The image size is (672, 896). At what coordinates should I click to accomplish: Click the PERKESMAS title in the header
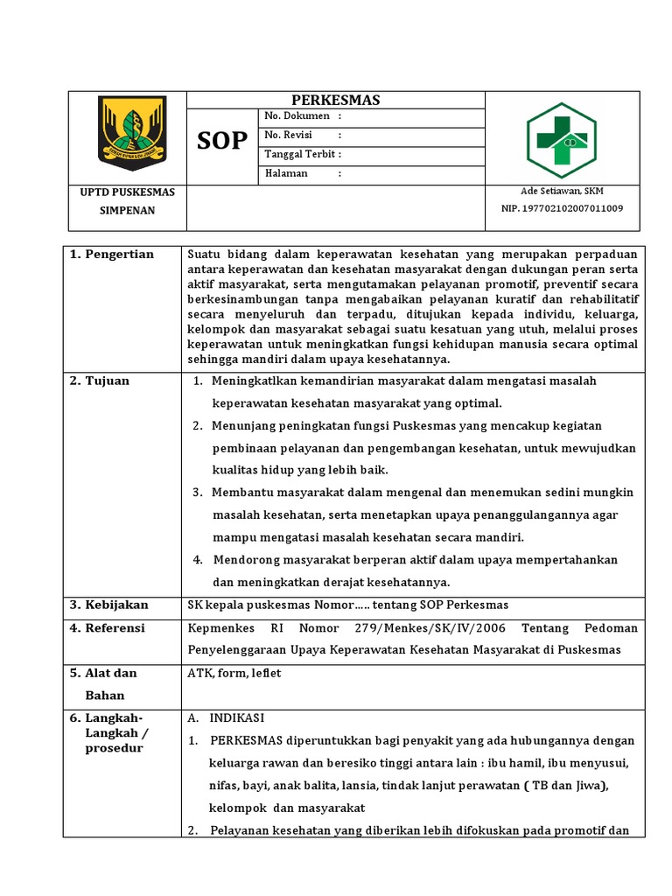[x=335, y=100]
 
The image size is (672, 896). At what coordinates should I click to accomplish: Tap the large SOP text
[x=222, y=141]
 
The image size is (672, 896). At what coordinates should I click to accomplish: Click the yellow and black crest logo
[x=131, y=133]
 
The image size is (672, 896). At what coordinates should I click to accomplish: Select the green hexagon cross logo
[x=563, y=140]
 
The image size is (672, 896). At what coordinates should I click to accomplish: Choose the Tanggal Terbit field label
[x=302, y=155]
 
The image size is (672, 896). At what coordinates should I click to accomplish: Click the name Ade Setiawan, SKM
[x=562, y=192]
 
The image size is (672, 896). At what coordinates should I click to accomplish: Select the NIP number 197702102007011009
[x=562, y=208]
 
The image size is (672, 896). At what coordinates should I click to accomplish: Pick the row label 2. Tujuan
[x=99, y=381]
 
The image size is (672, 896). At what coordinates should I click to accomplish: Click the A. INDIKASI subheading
[x=227, y=717]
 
